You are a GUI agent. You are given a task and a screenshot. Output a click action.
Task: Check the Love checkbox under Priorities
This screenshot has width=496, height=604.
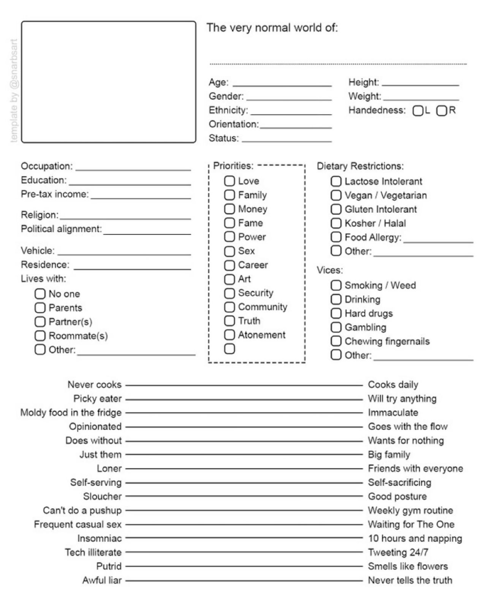(229, 181)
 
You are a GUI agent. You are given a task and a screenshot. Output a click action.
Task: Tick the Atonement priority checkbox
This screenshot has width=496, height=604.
(229, 335)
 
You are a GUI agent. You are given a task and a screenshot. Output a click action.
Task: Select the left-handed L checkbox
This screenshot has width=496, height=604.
(418, 111)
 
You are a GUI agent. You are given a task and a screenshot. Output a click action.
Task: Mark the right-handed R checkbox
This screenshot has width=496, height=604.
(441, 111)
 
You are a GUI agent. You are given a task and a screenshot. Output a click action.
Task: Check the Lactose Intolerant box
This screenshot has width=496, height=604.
(336, 181)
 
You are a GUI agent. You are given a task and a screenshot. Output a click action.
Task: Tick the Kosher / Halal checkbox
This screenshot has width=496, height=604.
(336, 223)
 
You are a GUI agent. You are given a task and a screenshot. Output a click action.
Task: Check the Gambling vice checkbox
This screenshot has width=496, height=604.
(336, 327)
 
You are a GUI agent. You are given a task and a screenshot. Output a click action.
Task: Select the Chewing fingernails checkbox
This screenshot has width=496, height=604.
(336, 341)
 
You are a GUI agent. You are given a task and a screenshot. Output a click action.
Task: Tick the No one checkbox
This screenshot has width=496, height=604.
(40, 294)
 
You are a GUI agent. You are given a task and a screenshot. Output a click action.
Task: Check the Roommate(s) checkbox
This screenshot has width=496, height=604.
(40, 336)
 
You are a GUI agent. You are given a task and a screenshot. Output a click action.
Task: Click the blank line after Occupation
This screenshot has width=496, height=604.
(133, 168)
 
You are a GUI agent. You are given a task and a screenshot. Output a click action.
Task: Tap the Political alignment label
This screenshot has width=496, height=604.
(61, 229)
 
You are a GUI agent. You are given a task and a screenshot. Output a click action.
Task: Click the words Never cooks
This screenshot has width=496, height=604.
(94, 385)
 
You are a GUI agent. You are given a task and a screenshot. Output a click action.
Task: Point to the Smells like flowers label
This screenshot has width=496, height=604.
(407, 566)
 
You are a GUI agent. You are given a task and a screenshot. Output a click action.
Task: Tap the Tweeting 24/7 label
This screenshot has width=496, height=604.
(398, 552)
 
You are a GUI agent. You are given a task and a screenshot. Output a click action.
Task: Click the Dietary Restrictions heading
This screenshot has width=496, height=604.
(360, 166)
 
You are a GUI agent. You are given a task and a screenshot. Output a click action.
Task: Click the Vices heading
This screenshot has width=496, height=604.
(330, 270)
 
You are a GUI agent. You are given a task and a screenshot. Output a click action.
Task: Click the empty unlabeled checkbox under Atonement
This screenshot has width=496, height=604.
(229, 349)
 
